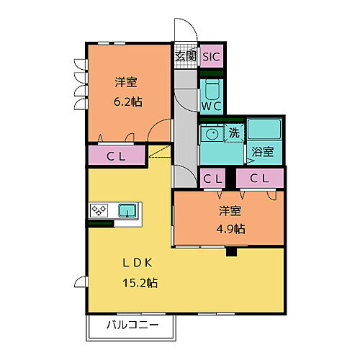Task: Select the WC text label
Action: (x=211, y=106)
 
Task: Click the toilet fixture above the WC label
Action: (x=211, y=89)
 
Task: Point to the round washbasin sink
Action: (x=212, y=133)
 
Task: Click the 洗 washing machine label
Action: (x=235, y=132)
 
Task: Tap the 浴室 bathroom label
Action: (x=262, y=152)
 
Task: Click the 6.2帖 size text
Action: (x=127, y=101)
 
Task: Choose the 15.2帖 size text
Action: (x=142, y=282)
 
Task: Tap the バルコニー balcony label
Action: (x=132, y=325)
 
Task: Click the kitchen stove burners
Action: (x=99, y=211)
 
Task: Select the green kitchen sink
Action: (x=127, y=211)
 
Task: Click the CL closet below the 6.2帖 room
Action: (x=119, y=155)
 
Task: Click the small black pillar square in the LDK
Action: (x=231, y=252)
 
